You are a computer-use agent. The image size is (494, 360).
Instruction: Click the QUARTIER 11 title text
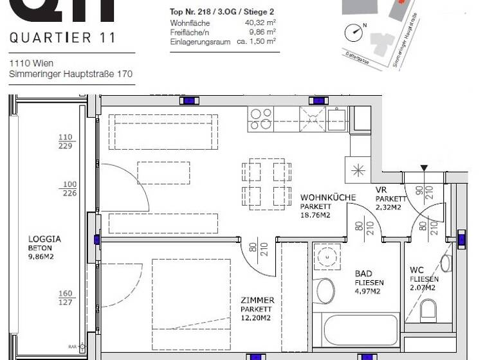tap(62, 38)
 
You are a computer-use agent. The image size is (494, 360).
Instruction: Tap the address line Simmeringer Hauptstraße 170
tap(71, 75)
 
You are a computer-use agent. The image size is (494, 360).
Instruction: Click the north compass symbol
tap(353, 32)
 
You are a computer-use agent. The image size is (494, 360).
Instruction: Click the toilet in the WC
tap(428, 311)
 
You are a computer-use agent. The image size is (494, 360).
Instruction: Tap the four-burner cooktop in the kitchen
tap(261, 118)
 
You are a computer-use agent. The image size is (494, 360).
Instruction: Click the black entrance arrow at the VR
tap(423, 168)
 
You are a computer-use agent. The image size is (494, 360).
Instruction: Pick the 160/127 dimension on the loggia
tap(66, 298)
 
